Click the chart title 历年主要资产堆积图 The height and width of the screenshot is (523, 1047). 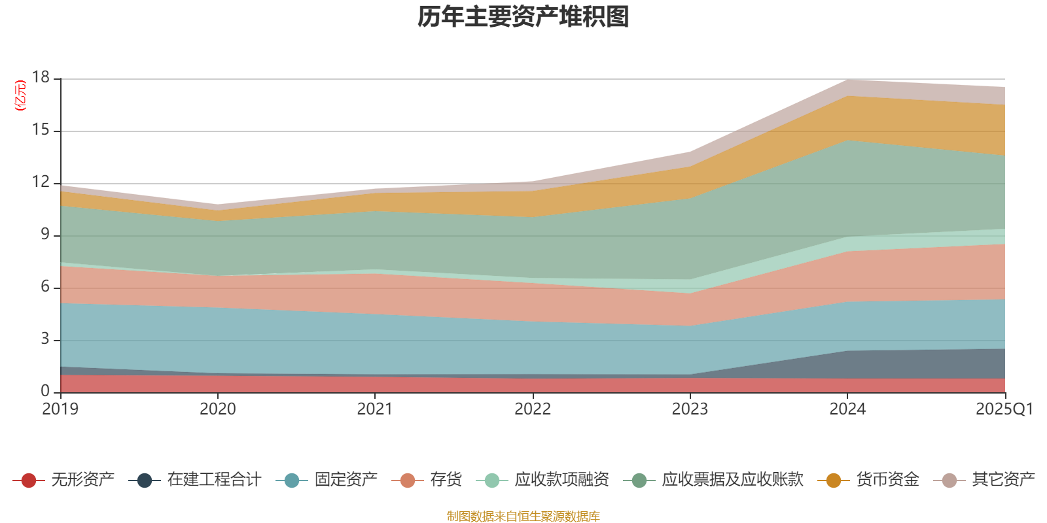tap(523, 17)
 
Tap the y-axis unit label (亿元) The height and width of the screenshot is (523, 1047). tap(21, 95)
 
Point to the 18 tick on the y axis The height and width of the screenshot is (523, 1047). tap(41, 78)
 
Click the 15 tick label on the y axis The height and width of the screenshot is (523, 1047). tap(41, 130)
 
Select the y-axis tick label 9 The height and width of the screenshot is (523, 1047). tap(45, 235)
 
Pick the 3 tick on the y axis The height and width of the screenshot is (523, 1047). tap(45, 339)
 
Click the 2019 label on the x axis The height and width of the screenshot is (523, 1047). tap(60, 409)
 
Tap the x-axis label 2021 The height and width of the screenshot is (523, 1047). tap(374, 409)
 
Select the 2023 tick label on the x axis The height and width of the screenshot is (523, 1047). tap(690, 409)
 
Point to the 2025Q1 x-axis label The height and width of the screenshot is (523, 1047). tap(1004, 409)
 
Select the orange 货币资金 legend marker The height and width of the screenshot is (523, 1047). tap(833, 481)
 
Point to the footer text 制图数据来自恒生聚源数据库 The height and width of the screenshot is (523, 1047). tap(523, 516)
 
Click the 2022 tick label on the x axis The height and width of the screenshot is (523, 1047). tap(532, 409)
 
